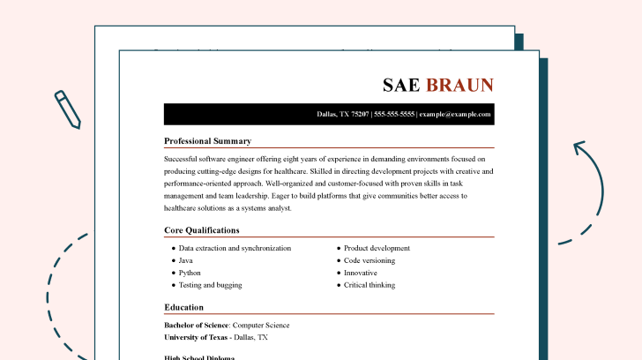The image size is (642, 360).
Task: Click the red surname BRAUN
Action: [x=460, y=85]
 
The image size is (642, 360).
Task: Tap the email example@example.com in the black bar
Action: [x=455, y=115]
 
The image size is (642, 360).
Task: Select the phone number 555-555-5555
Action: [x=393, y=115]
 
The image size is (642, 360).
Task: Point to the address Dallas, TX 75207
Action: [x=343, y=115]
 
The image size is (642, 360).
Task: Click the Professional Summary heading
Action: [x=207, y=141]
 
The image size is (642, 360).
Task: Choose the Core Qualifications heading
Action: [x=201, y=230]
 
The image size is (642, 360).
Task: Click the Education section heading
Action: [x=183, y=307]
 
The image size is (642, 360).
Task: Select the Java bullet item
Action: [x=185, y=260]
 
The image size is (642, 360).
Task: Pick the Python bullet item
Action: [x=189, y=273]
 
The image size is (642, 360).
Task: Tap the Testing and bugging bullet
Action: [x=210, y=285]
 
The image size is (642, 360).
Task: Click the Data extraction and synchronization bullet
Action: [x=235, y=248]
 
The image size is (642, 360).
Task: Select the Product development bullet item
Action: [x=377, y=248]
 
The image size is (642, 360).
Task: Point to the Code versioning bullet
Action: [x=369, y=260]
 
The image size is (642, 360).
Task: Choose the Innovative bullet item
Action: [x=362, y=273]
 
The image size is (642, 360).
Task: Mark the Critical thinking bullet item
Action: [x=369, y=285]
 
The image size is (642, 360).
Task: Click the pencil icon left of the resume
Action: [x=67, y=109]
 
